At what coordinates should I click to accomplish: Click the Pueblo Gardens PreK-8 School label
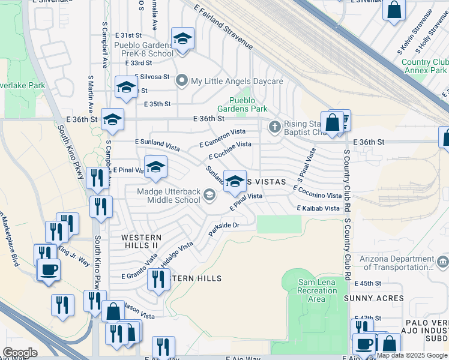point(144,49)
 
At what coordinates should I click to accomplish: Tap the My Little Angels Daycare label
point(237,81)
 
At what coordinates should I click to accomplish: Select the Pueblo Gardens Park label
point(248,105)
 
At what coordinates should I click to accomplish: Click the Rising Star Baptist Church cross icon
point(275,127)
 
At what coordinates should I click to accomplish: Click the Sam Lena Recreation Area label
point(317,290)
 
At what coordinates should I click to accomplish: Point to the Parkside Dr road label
point(224,229)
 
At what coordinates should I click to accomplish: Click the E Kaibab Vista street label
point(318,208)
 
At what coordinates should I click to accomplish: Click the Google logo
point(20,353)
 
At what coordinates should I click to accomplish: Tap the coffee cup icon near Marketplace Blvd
point(49,269)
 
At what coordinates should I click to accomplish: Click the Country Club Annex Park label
point(424,66)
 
